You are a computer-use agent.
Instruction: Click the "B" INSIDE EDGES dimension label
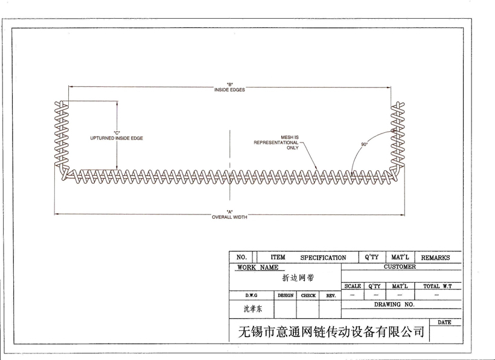point(229,87)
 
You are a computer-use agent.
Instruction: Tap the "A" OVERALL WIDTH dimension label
point(229,214)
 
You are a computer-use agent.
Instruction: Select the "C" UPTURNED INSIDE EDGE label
point(117,136)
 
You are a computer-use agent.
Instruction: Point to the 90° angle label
point(364,145)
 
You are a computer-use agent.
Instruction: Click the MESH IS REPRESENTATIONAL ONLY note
point(276,143)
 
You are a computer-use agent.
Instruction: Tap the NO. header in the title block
point(241,257)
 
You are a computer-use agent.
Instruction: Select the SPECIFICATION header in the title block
point(323,257)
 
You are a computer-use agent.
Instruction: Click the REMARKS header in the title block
point(435,257)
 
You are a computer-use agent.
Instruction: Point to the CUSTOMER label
point(400,266)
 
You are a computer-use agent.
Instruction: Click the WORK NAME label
point(258,267)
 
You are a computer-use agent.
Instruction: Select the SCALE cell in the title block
point(353,286)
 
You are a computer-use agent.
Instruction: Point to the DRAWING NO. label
point(394,304)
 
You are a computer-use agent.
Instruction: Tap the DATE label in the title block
point(444,323)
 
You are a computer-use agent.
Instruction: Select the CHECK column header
point(308,295)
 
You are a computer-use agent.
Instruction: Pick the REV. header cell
point(331,295)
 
